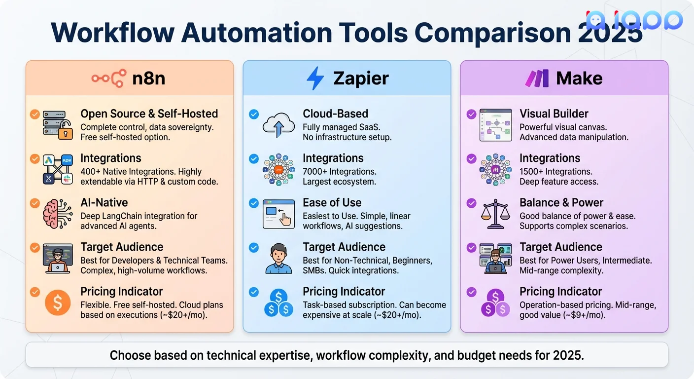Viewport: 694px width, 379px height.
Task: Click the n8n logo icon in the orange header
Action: tap(109, 78)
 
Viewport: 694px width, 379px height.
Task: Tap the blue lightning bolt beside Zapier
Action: tap(315, 78)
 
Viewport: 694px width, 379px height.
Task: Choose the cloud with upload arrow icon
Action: tap(278, 124)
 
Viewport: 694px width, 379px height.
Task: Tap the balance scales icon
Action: tap(495, 213)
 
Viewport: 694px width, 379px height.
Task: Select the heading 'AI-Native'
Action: tap(104, 203)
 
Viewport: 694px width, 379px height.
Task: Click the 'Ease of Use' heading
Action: tap(332, 203)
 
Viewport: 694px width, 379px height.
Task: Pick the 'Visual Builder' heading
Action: tap(554, 114)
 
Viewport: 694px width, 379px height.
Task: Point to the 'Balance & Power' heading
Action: tap(561, 203)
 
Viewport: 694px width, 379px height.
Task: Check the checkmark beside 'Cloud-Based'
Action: tap(254, 114)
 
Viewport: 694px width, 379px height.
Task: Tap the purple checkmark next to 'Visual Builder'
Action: tap(471, 114)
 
